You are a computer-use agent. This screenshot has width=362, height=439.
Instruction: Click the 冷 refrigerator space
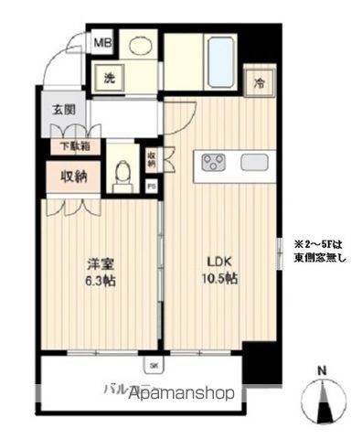[261, 81]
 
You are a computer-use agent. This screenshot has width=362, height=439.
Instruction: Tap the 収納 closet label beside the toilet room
[73, 176]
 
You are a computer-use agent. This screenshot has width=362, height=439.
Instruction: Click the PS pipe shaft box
[152, 186]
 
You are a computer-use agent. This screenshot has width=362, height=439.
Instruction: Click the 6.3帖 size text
[87, 279]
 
